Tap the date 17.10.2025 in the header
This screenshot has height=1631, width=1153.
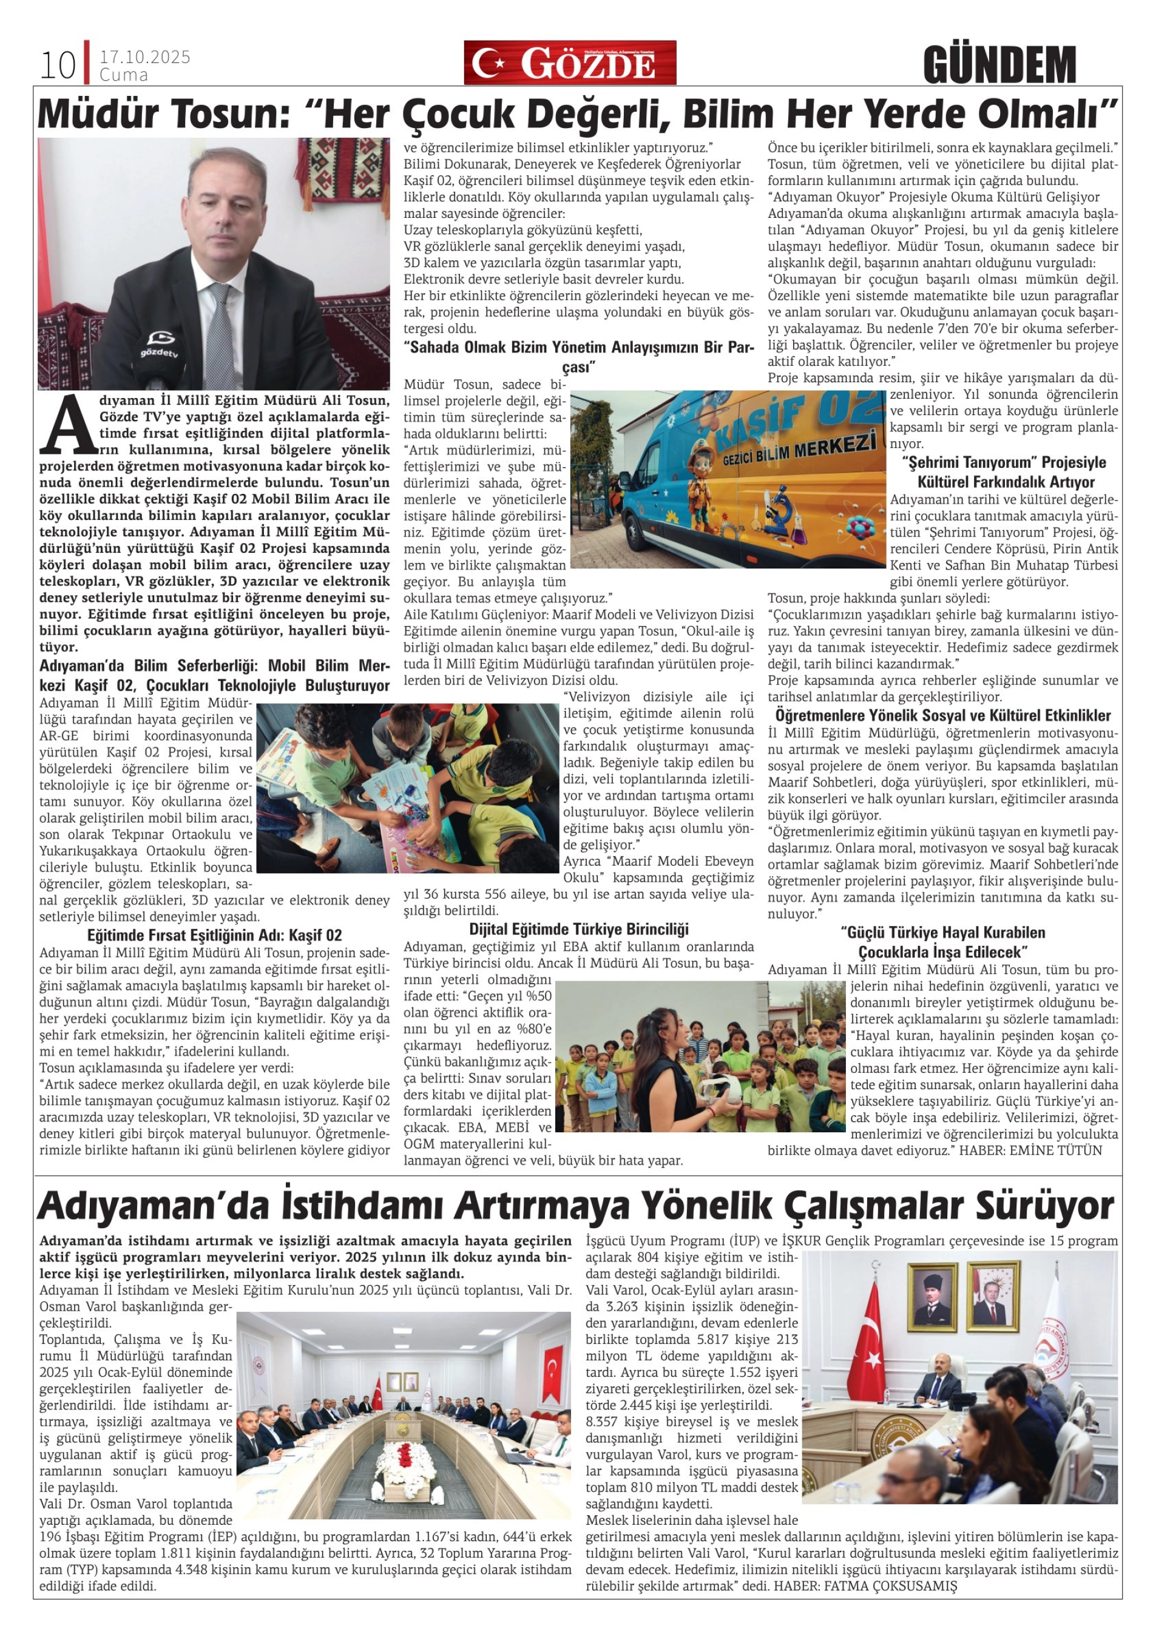coord(145,57)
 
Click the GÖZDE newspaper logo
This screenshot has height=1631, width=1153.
coord(570,63)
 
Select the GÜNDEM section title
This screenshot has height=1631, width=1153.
coord(999,65)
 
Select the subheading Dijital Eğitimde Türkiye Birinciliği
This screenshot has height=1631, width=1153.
coord(578,929)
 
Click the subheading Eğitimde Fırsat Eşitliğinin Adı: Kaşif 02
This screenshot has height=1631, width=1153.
coord(215,935)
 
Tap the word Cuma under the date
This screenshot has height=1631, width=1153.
coord(124,75)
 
